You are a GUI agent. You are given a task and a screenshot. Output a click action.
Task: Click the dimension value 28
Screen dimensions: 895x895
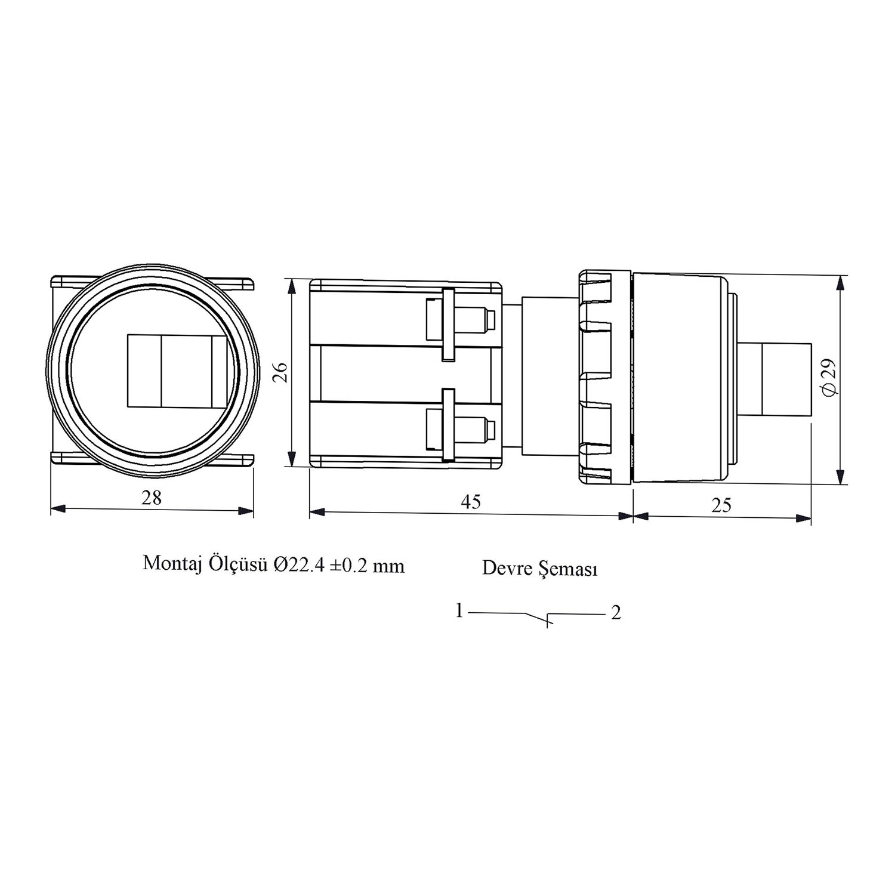(152, 498)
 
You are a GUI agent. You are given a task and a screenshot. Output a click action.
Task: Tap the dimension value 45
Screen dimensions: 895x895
(471, 502)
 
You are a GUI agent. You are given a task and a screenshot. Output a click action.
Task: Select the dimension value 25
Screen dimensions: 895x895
(721, 505)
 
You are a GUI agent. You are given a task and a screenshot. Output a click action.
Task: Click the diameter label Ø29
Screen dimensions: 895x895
(831, 376)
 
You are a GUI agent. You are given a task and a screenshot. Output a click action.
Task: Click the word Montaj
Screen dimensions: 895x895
(169, 564)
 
